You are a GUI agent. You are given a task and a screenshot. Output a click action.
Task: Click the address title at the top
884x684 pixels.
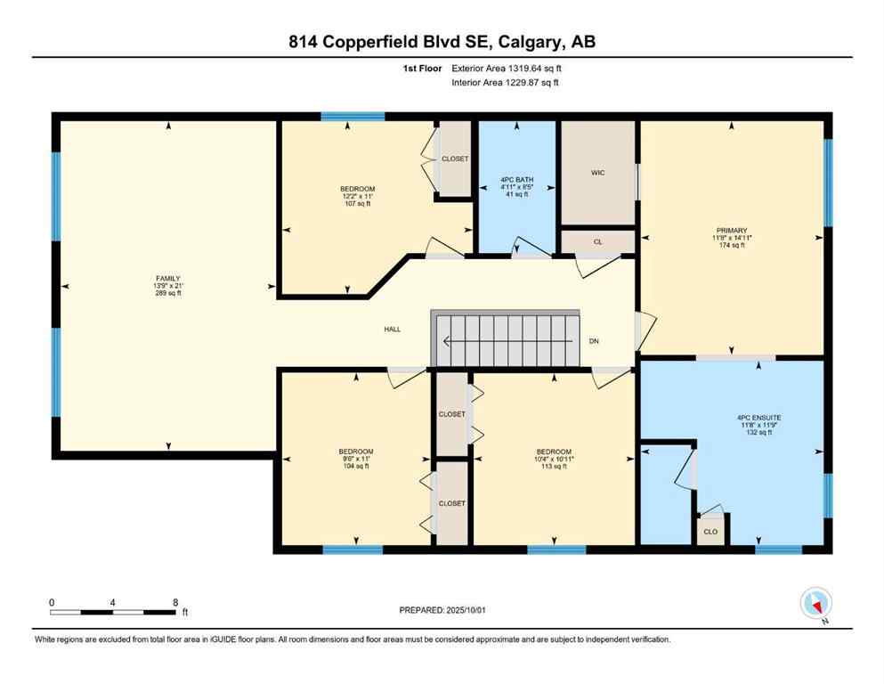(442, 43)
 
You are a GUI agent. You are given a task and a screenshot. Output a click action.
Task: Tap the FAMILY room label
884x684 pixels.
(168, 279)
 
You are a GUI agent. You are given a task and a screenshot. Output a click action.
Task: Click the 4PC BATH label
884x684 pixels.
(516, 181)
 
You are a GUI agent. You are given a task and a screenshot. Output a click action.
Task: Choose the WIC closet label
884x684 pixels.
(597, 173)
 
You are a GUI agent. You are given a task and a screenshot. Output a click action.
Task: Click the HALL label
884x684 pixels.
(392, 329)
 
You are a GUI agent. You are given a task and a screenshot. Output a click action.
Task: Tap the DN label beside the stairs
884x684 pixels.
(594, 341)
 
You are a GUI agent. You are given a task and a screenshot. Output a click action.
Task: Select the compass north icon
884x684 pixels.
(815, 604)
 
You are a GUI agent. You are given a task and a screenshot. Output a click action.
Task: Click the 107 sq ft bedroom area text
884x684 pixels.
(357, 204)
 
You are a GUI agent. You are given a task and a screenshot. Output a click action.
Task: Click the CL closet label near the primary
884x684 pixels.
(597, 241)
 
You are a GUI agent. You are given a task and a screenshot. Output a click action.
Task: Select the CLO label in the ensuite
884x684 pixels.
(710, 531)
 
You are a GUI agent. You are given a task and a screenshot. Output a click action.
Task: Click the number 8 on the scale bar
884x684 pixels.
(175, 602)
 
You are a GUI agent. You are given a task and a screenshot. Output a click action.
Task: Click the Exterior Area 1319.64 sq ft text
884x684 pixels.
(507, 68)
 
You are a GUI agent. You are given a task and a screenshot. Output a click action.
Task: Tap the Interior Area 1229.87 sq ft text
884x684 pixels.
(506, 83)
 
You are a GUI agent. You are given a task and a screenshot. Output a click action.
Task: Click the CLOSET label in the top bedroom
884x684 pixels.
(455, 159)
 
